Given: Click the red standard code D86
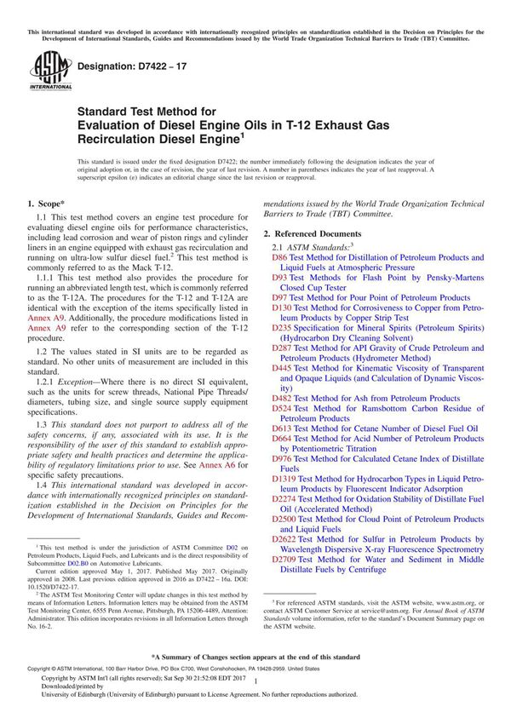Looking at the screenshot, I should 279,256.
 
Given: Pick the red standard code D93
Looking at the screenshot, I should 279,278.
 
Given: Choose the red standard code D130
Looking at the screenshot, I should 282,308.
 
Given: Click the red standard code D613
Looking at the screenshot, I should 282,428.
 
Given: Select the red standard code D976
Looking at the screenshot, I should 282,459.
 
